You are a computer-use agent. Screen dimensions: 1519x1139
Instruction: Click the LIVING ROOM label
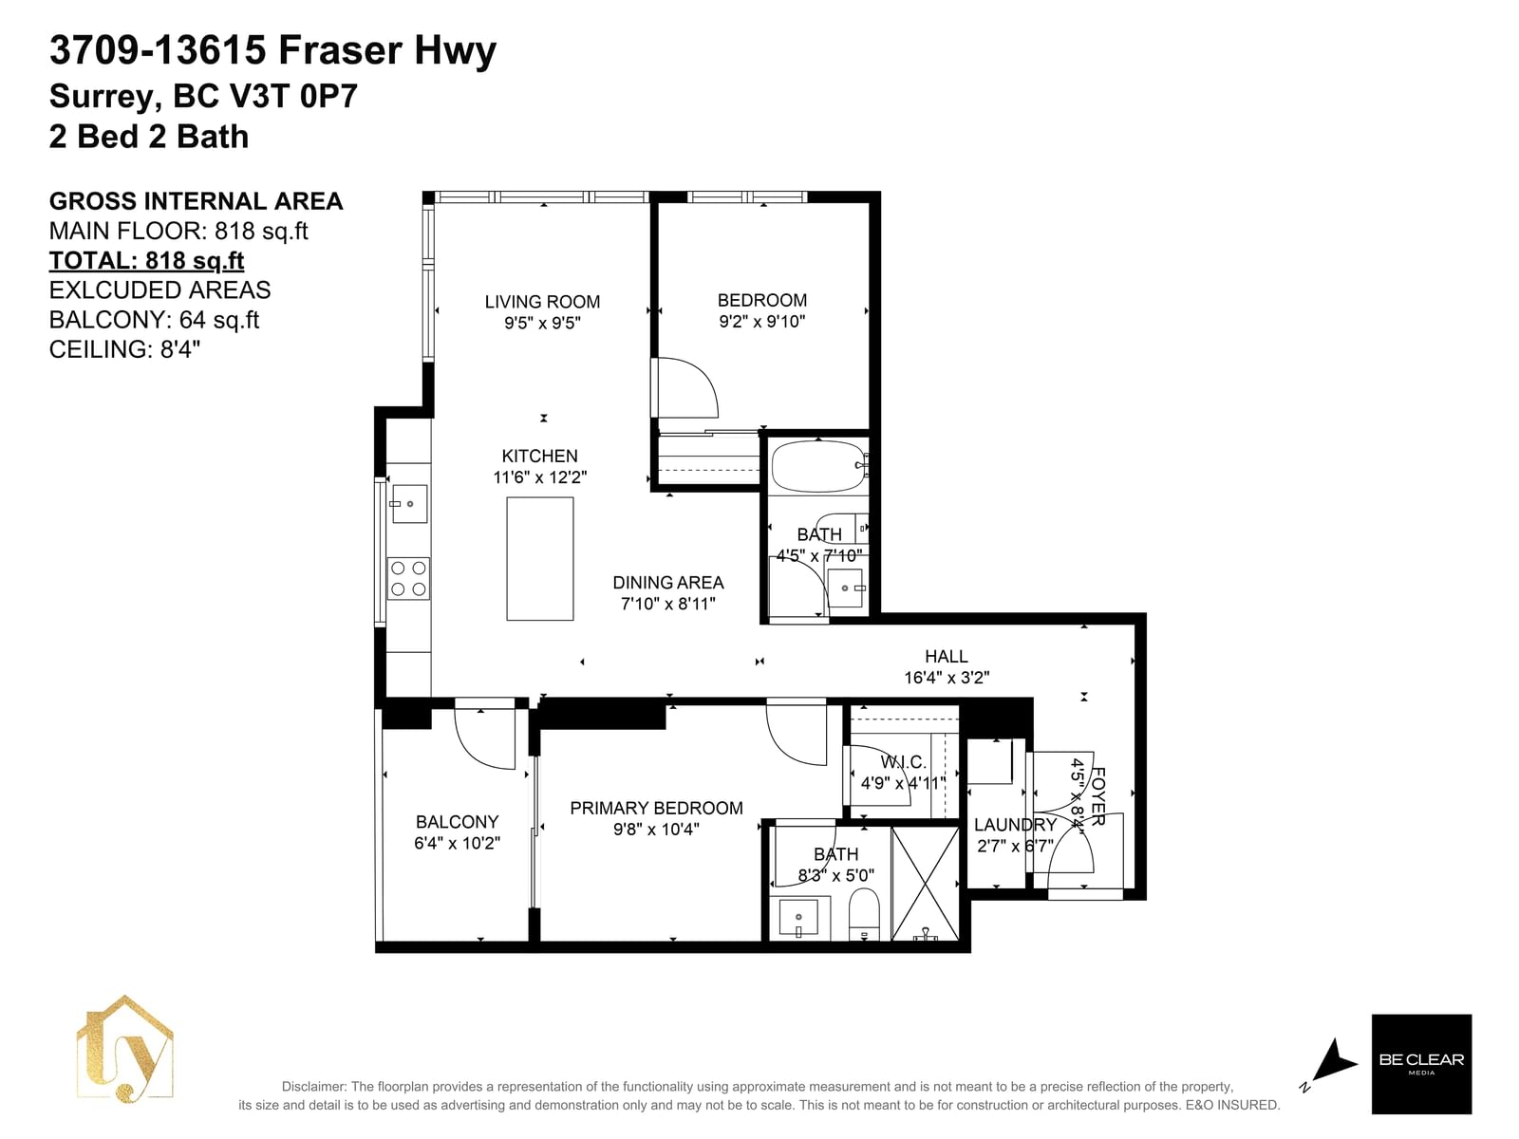pyautogui.click(x=542, y=302)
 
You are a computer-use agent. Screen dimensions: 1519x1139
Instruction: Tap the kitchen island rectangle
pyautogui.click(x=540, y=559)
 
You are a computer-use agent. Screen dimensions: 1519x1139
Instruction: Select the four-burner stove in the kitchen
pyautogui.click(x=408, y=578)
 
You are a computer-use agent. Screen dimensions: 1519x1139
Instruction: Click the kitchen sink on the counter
pyautogui.click(x=409, y=503)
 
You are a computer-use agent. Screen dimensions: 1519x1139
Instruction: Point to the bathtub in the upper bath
pyautogui.click(x=818, y=466)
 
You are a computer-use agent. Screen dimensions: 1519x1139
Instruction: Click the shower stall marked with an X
pyautogui.click(x=926, y=884)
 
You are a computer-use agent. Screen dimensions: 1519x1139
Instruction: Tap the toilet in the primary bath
pyautogui.click(x=864, y=914)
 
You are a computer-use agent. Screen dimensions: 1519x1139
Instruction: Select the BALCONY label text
pyautogui.click(x=457, y=822)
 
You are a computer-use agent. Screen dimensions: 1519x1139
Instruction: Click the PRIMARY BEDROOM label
pyautogui.click(x=656, y=808)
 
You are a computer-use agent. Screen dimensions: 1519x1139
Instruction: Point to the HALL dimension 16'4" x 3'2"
pyautogui.click(x=947, y=677)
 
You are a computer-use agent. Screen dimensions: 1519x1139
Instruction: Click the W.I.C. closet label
pyautogui.click(x=903, y=762)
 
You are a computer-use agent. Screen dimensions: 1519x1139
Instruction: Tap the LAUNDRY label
pyautogui.click(x=1015, y=824)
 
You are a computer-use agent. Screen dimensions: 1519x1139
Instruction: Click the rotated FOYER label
pyautogui.click(x=1097, y=796)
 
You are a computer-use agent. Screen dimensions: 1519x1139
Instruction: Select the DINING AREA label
pyautogui.click(x=667, y=582)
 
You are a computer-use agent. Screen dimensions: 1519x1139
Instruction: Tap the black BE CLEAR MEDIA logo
pyautogui.click(x=1421, y=1064)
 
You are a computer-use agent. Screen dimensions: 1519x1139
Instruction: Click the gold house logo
pyautogui.click(x=124, y=1049)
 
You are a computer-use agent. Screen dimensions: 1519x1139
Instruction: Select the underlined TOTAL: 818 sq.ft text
pyautogui.click(x=146, y=261)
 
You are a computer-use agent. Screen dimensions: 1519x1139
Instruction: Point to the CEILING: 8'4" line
pyautogui.click(x=124, y=349)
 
